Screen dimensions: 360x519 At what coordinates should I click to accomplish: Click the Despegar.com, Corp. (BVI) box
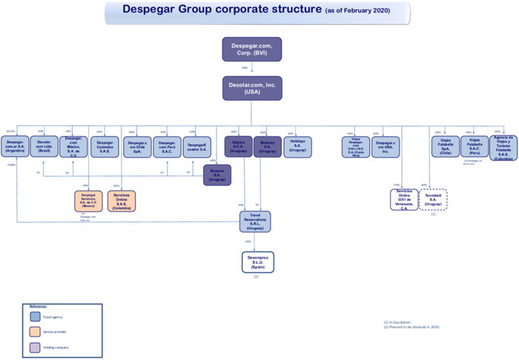click(x=252, y=49)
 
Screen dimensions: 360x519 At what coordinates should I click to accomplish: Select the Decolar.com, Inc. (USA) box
click(x=252, y=88)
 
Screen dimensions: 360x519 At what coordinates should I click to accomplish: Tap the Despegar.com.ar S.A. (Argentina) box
click(x=15, y=146)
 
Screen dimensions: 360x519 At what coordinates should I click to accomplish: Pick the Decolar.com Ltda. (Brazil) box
click(x=44, y=146)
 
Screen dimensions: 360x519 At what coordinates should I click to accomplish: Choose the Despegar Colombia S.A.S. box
click(x=104, y=147)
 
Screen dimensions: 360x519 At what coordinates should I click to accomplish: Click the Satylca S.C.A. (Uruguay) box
click(x=238, y=147)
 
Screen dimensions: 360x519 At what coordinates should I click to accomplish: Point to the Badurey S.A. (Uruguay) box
click(x=267, y=147)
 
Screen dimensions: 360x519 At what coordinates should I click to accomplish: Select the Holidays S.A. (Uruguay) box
click(x=298, y=146)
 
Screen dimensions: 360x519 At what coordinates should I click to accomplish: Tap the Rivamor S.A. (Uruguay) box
click(x=217, y=175)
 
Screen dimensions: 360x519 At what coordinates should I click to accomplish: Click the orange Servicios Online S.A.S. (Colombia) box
click(x=121, y=201)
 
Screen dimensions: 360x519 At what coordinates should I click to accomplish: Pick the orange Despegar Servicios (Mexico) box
click(x=88, y=201)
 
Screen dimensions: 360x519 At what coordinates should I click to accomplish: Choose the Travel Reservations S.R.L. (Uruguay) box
click(x=255, y=221)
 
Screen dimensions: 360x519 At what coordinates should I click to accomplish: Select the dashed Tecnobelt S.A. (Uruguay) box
click(x=434, y=200)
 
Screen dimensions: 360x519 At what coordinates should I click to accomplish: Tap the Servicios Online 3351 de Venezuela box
click(x=404, y=200)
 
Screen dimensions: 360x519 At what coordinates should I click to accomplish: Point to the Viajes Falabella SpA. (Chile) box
click(x=445, y=147)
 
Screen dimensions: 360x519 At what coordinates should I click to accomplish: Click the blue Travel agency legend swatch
click(x=35, y=316)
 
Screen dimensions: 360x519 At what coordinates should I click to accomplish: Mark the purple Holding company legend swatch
click(x=35, y=347)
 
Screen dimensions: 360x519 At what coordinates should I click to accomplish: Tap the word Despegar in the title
click(x=152, y=10)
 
